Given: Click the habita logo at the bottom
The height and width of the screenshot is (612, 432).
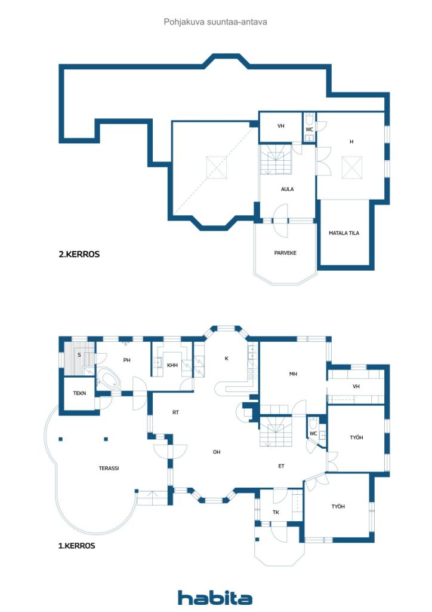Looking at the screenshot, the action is (215, 598).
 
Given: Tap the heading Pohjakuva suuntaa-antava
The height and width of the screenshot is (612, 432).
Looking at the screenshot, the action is (215, 22).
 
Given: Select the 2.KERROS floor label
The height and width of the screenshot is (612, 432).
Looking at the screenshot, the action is (79, 254).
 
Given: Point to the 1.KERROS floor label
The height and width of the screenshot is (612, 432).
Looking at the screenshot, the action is (77, 546).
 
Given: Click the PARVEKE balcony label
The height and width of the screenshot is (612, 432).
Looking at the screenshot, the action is (285, 253).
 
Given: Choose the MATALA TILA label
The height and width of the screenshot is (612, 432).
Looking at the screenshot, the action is (344, 233).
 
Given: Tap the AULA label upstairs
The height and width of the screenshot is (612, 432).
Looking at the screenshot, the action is (288, 189).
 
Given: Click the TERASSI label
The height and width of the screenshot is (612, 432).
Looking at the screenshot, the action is (109, 468).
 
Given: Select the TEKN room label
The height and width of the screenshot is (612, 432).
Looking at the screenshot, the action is (79, 393).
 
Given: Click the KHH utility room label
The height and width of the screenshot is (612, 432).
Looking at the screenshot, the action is (172, 365).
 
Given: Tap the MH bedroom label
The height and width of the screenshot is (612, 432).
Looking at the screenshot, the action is (294, 374).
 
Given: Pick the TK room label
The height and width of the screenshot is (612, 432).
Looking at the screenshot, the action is (276, 512).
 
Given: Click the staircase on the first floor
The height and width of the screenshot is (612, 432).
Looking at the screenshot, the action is (276, 432).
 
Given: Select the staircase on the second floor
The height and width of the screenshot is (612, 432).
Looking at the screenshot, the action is (276, 160).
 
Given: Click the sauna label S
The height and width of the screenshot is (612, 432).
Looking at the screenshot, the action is (79, 355).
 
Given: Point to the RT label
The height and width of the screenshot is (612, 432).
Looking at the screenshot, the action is (175, 412).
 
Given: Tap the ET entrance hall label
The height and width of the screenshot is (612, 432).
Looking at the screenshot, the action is (281, 466).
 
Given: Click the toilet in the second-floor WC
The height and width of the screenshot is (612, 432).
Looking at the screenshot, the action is (309, 119).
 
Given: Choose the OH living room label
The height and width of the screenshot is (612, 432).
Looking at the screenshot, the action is (217, 452).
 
